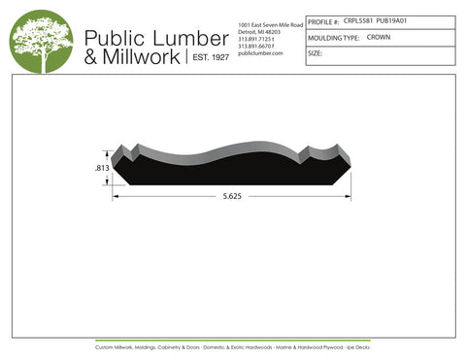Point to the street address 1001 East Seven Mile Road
pyautogui.click(x=270, y=24)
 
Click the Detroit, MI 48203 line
pyautogui.click(x=260, y=32)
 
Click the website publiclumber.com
pyautogui.click(x=259, y=52)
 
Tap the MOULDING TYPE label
pyautogui.click(x=334, y=38)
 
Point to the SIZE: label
pyautogui.click(x=316, y=53)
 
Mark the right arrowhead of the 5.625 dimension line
pyautogui.click(x=349, y=197)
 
